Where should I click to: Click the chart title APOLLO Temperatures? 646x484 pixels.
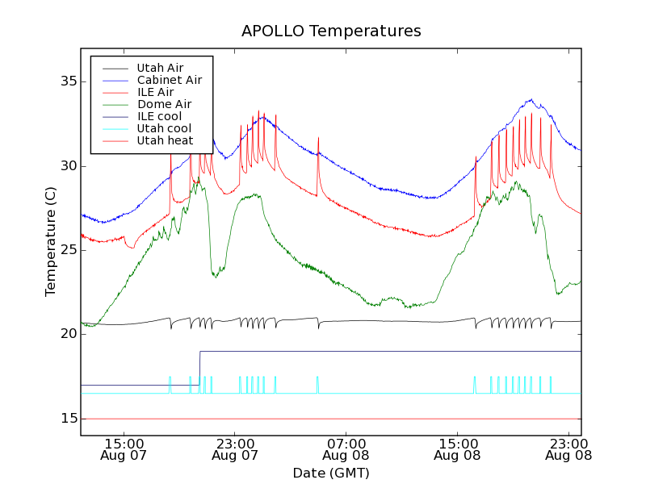pyautogui.click(x=331, y=31)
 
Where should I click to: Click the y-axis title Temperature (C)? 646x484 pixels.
pyautogui.click(x=51, y=241)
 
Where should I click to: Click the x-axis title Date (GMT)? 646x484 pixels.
pyautogui.click(x=331, y=473)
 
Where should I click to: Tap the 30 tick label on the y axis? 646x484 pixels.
pyautogui.click(x=66, y=166)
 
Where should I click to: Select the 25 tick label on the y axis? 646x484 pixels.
pyautogui.click(x=66, y=250)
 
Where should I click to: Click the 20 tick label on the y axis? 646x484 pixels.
pyautogui.click(x=66, y=334)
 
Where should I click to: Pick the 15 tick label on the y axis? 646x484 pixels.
pyautogui.click(x=66, y=419)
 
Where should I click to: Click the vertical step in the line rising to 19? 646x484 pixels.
pyautogui.click(x=199, y=368)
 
